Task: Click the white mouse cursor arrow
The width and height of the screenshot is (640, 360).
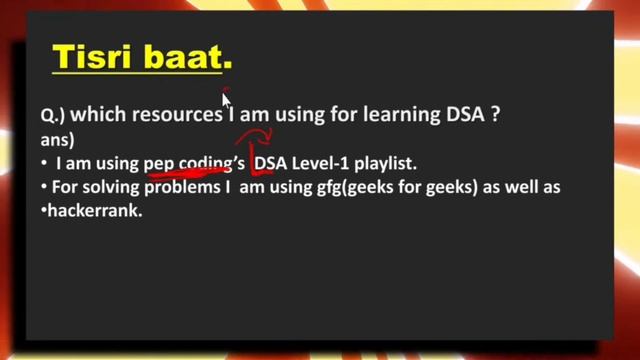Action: (x=228, y=101)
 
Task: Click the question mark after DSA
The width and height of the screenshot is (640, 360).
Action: (x=493, y=115)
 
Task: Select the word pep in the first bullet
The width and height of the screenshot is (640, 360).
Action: (x=158, y=163)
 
